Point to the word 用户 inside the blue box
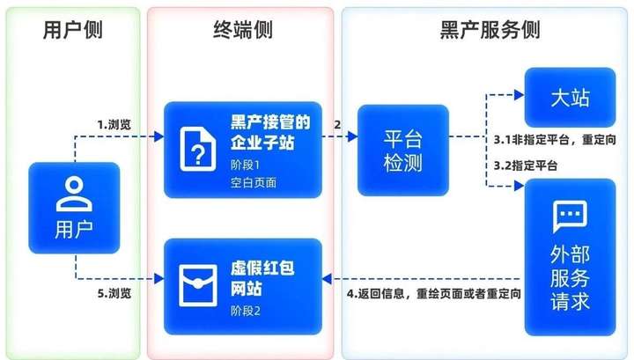point(73,231)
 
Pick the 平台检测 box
point(402,150)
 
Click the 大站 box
point(570,97)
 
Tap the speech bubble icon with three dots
point(570,214)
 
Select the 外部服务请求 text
point(570,277)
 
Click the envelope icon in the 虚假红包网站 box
point(200,282)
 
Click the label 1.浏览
point(114,125)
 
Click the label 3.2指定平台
point(525,165)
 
